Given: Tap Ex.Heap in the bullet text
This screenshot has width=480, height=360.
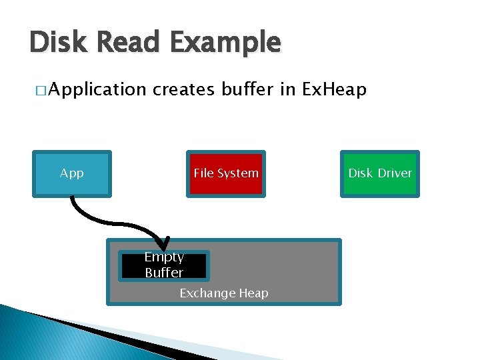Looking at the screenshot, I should click(335, 89).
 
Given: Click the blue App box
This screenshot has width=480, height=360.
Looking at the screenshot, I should click(72, 173).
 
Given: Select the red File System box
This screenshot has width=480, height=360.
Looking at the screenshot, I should click(226, 173).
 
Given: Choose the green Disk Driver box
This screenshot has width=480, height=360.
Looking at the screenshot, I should click(380, 173).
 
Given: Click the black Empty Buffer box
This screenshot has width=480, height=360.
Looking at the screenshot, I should click(164, 265).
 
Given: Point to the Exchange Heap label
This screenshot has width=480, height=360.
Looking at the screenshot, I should click(224, 293).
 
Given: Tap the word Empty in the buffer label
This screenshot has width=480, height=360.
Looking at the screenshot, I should click(164, 257).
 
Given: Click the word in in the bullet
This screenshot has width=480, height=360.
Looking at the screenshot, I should click(287, 89).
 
